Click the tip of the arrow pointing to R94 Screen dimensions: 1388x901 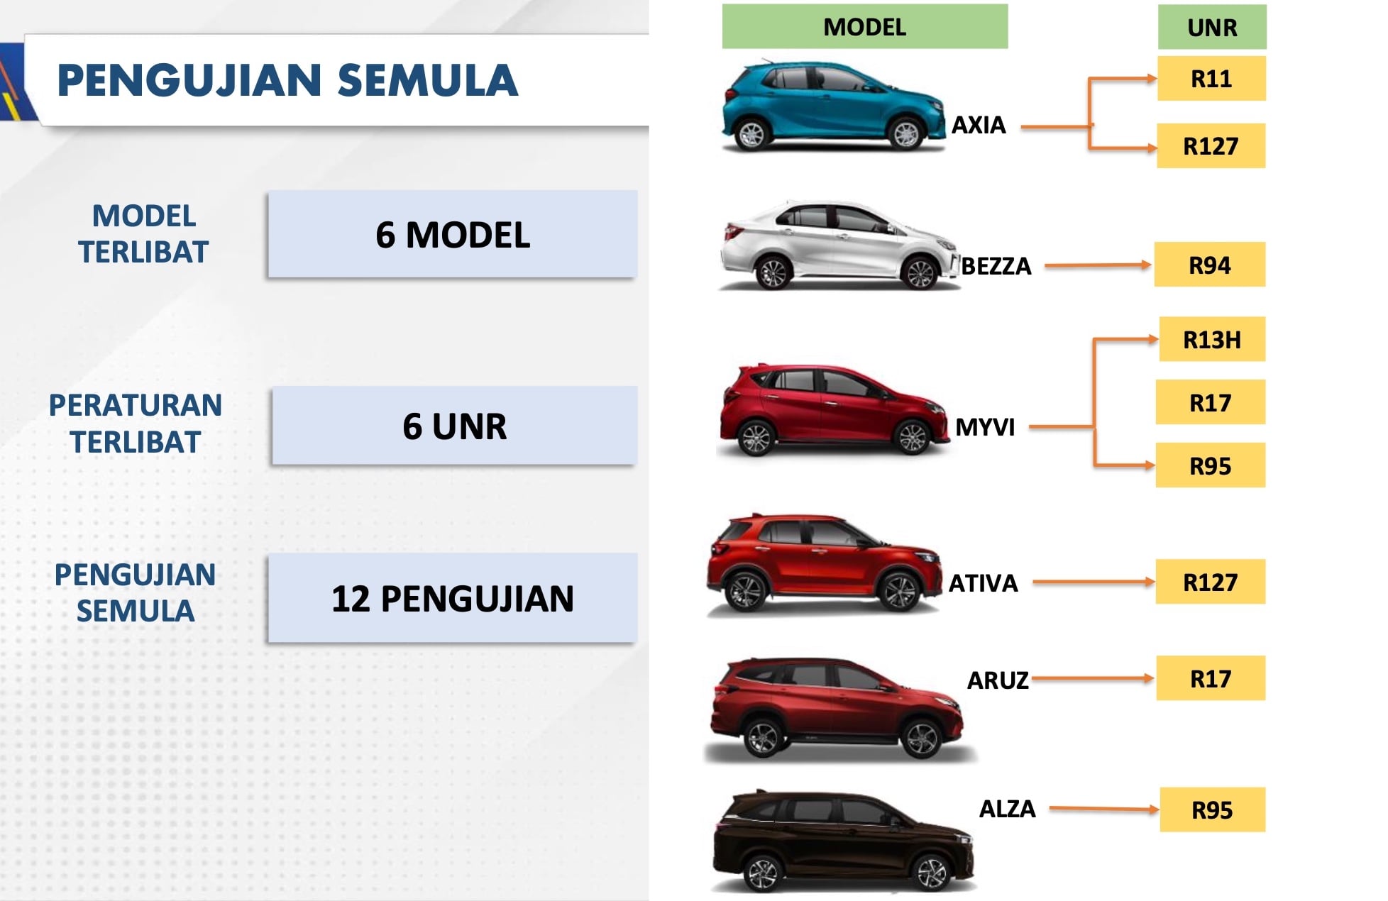tap(1152, 265)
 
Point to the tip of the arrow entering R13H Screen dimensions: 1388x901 tap(1157, 339)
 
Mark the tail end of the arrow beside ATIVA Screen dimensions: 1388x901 tap(1034, 582)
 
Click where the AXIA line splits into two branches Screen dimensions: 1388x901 tap(1090, 126)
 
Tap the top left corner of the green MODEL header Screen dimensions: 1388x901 tap(722, 5)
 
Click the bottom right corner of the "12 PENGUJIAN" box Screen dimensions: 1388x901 tap(637, 641)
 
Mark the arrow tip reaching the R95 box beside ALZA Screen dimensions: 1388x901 tap(1159, 809)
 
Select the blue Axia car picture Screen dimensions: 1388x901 tap(833, 106)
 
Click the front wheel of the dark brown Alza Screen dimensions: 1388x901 tap(931, 872)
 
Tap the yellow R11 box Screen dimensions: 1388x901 tap(1211, 79)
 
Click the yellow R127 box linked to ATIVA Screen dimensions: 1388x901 tap(1210, 582)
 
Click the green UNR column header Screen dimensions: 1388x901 tap(1212, 27)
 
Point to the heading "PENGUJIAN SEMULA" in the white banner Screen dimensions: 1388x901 tap(287, 80)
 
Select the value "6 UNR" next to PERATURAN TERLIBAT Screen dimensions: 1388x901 tap(454, 426)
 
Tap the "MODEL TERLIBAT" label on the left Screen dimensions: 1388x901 tap(143, 234)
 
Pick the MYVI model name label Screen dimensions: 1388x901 tap(985, 427)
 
